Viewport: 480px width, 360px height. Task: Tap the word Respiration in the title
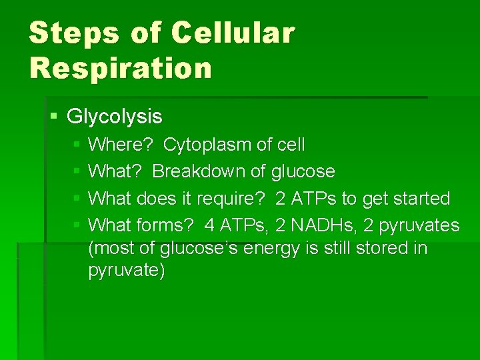tap(120, 67)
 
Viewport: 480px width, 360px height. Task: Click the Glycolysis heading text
tap(115, 117)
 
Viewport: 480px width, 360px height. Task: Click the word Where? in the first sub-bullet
tap(121, 145)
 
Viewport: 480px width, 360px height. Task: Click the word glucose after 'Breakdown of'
tap(303, 172)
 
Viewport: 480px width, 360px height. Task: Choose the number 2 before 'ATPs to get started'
tap(280, 199)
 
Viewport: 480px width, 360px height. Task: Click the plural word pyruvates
tap(419, 226)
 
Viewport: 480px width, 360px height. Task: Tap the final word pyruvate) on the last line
tap(126, 272)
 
